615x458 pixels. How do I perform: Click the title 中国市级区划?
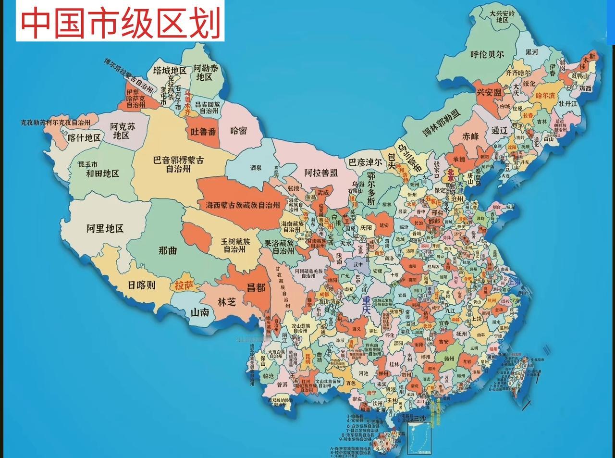[120, 22]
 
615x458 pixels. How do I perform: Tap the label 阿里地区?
[105, 228]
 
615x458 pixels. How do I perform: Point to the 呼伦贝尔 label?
[487, 54]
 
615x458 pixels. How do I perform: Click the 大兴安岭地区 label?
[502, 16]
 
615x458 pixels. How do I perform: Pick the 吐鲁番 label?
[203, 131]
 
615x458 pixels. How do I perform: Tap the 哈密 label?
[238, 130]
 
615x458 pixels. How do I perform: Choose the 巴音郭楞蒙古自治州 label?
[178, 164]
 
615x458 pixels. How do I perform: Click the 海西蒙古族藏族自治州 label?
[243, 205]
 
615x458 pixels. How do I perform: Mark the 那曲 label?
[168, 250]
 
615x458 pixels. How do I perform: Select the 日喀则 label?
[141, 285]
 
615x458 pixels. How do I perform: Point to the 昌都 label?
[256, 287]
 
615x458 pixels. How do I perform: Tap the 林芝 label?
[227, 302]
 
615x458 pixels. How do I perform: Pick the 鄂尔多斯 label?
[370, 188]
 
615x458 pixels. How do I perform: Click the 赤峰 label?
[471, 136]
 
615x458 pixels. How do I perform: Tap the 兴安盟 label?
[489, 92]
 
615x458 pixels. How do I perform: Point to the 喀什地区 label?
[84, 138]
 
